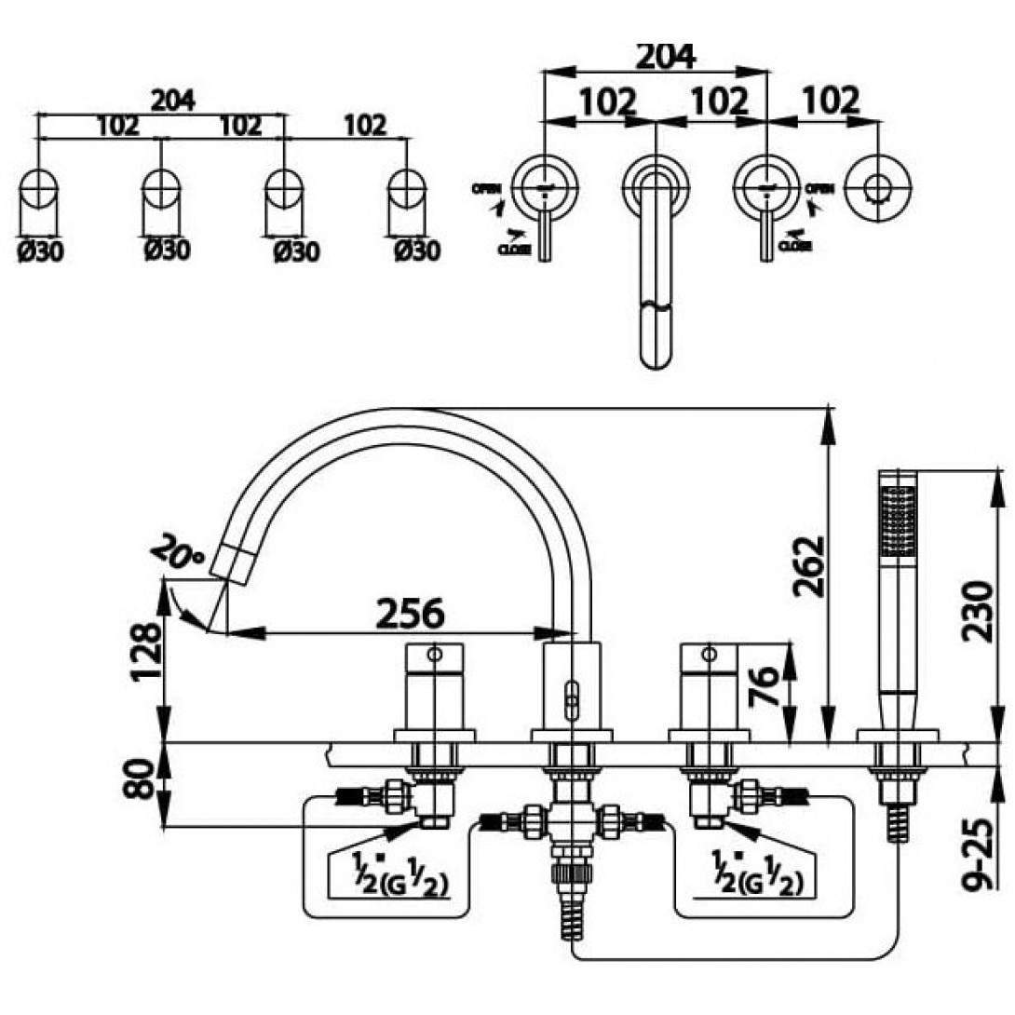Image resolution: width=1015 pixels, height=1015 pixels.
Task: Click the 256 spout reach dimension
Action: click(x=410, y=613)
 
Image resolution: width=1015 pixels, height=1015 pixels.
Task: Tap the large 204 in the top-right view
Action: click(x=664, y=56)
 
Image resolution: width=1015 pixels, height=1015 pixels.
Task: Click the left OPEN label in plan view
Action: click(x=486, y=189)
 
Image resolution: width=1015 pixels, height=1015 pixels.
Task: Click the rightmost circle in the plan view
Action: click(x=874, y=186)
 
